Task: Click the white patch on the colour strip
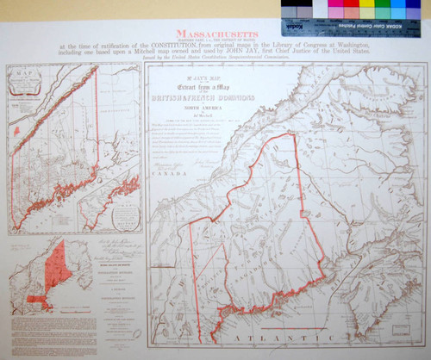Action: coord(317,9)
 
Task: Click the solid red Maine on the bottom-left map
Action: coord(57,263)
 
